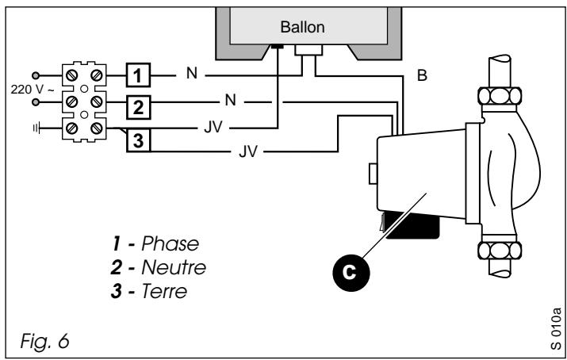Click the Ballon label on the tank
point(302,27)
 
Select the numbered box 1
point(138,75)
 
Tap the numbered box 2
point(138,107)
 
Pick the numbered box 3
point(138,140)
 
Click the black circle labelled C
point(351,272)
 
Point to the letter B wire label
point(422,75)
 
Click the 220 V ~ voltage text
point(33,90)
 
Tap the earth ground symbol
point(36,128)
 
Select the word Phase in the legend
point(170,243)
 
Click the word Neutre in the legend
point(174,267)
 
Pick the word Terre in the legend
point(164,291)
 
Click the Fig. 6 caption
point(44,340)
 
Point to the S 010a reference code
point(556,328)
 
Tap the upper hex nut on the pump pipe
point(500,96)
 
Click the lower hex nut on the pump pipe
point(500,251)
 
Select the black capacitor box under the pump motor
point(412,226)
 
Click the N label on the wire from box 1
point(192,73)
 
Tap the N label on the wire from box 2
point(230,100)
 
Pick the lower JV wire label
point(247,151)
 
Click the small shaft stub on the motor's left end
point(373,174)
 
